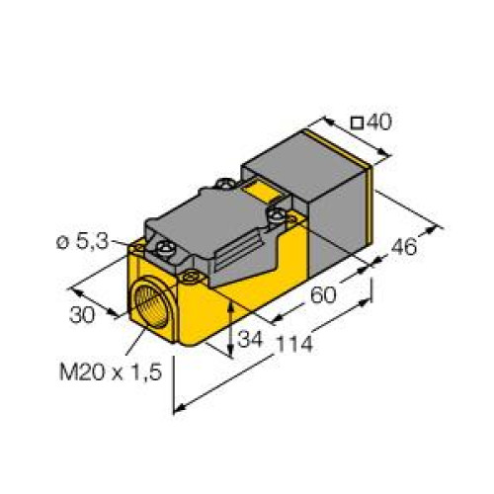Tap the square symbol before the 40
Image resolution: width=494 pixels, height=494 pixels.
click(358, 123)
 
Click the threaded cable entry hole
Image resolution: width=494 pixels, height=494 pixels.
click(151, 301)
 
